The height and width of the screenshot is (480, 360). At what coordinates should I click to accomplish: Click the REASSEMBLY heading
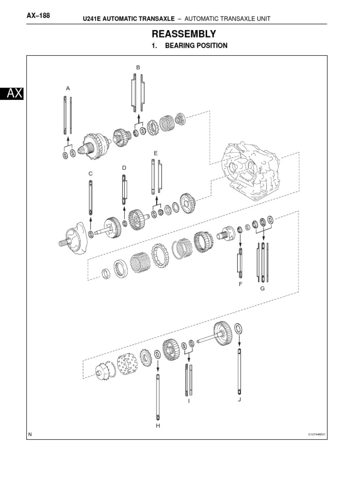183,34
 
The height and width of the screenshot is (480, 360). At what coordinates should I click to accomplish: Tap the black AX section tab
12,94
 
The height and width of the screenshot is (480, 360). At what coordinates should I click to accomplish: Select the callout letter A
67,88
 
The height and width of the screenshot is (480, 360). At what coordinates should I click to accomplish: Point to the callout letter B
138,67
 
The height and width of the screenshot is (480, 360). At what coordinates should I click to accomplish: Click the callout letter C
91,173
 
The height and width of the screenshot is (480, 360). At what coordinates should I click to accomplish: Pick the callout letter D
124,167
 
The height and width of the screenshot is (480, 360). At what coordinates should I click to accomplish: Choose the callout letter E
155,153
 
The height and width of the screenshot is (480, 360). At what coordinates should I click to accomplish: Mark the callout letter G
262,288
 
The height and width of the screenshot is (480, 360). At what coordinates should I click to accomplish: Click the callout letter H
158,426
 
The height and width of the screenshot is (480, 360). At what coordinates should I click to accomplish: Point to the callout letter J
239,399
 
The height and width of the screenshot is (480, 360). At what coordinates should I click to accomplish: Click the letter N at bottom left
30,435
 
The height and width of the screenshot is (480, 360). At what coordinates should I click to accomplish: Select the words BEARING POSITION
196,46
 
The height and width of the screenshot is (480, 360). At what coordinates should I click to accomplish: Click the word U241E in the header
94,18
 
